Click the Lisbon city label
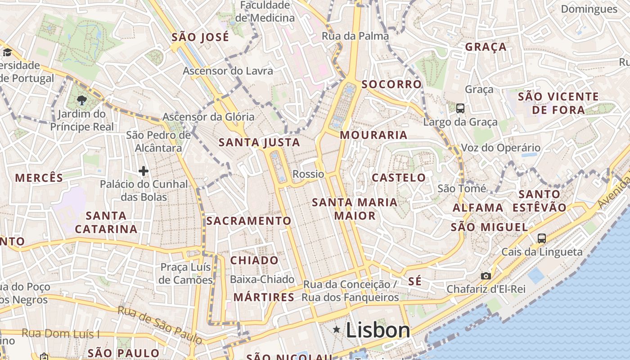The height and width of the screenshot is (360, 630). click(378, 330)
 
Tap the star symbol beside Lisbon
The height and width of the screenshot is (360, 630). click(336, 330)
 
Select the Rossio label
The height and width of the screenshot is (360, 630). click(308, 174)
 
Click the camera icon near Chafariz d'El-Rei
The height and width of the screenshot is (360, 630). click(486, 276)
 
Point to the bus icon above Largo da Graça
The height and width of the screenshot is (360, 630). click(460, 108)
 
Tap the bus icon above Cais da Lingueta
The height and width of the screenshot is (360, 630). click(541, 238)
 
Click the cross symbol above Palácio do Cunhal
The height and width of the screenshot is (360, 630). click(144, 171)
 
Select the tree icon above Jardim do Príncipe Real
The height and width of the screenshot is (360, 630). click(81, 100)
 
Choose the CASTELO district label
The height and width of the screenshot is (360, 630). click(399, 177)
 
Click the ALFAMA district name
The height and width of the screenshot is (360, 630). click(477, 207)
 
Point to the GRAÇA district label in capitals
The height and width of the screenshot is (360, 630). click(486, 47)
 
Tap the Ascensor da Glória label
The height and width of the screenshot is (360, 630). click(208, 117)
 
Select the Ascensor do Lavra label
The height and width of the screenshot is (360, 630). click(228, 71)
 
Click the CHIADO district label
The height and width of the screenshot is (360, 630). click(254, 260)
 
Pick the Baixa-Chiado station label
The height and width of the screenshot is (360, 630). click(262, 279)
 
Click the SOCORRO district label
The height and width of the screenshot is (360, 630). click(391, 84)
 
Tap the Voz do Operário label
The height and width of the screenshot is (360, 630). click(500, 148)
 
